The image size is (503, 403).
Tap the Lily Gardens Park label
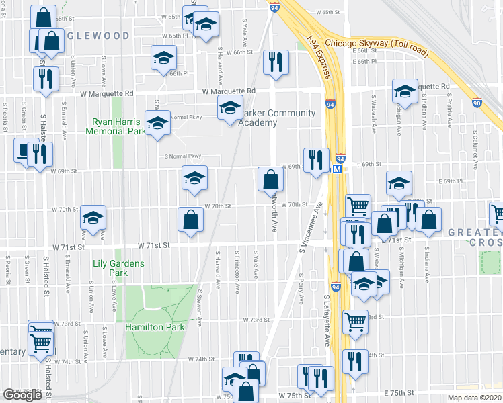click(118, 268)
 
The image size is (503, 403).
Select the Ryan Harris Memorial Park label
click(116, 126)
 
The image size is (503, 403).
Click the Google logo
click(22, 395)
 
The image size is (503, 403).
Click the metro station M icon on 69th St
click(337, 170)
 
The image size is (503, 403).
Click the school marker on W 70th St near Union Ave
click(93, 217)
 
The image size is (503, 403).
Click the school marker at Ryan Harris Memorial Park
click(158, 122)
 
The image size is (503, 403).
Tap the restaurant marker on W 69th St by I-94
click(316, 159)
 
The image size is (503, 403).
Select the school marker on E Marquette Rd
click(405, 92)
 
